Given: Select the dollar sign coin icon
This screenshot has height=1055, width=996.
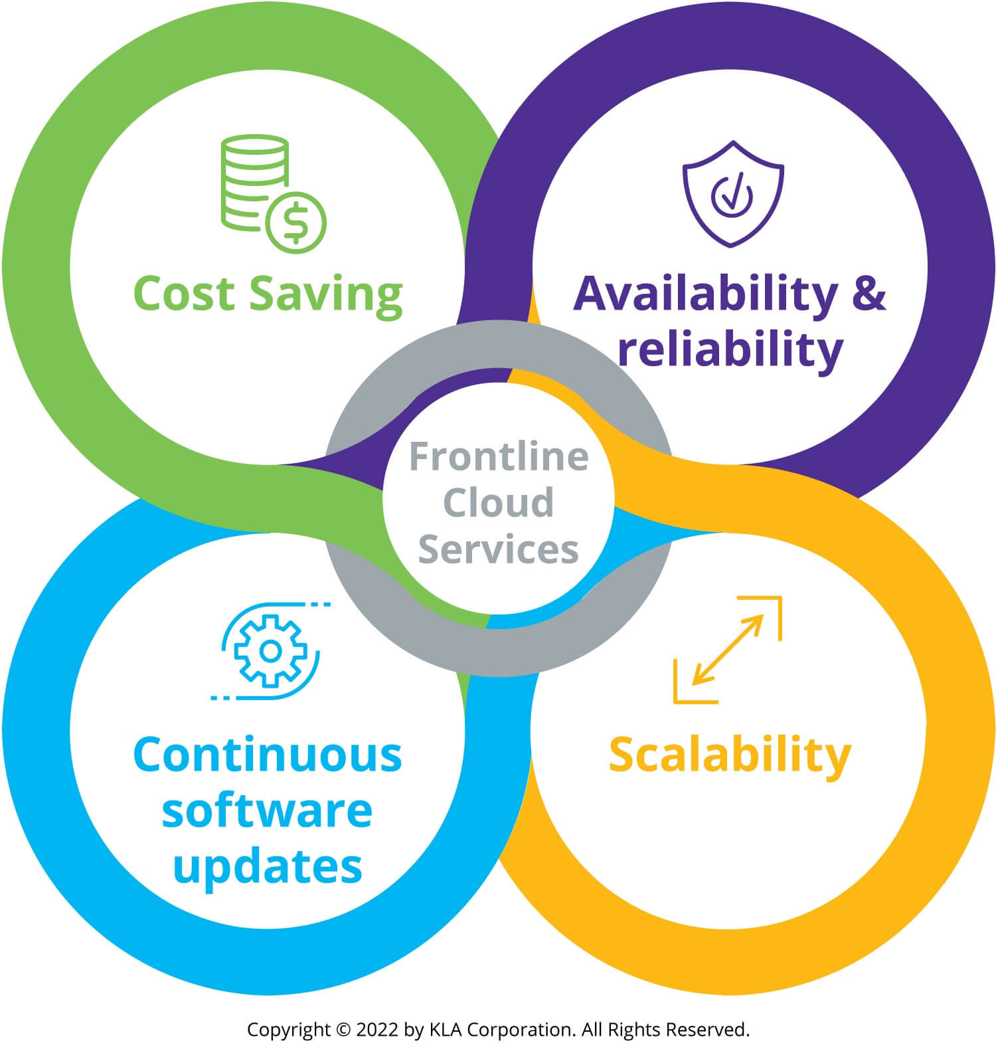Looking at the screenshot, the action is (x=295, y=222).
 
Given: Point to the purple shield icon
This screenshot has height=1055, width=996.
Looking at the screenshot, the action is (x=733, y=193).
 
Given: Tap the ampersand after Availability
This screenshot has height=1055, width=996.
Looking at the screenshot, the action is (x=869, y=294).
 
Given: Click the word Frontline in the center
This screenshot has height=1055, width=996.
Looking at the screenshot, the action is (x=499, y=456).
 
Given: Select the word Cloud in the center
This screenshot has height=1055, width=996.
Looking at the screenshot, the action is (x=498, y=502).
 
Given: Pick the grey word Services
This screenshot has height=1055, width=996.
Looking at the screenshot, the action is (x=498, y=549).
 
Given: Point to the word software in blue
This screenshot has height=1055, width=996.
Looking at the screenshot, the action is (x=267, y=811).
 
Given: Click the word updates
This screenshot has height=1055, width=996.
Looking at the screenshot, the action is (x=268, y=867).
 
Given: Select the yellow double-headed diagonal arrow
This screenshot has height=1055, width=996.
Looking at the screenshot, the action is (x=728, y=649).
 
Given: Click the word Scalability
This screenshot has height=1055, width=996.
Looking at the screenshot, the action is (x=730, y=756).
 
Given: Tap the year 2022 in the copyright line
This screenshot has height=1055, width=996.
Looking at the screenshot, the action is (x=377, y=1030).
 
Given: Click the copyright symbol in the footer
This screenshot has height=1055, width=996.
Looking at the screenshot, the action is (x=343, y=1030).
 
